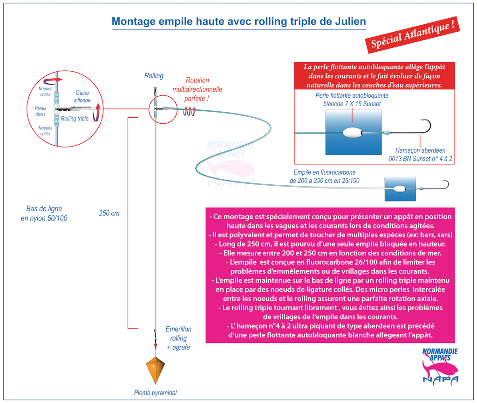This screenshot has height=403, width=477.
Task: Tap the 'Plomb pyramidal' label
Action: point(156,393)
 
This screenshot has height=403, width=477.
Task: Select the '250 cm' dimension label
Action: point(109,213)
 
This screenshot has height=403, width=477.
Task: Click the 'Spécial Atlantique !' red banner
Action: point(413,35)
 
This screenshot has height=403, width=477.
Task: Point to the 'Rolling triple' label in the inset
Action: point(75,119)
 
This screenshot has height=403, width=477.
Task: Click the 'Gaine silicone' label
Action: point(82,96)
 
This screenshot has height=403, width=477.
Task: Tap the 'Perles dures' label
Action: point(41,111)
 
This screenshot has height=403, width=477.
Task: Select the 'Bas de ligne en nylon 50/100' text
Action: point(44,213)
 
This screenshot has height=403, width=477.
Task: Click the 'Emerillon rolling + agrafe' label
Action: point(178,338)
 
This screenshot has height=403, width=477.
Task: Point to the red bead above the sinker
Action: point(156,345)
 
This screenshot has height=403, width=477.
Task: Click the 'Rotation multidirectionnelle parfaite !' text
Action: point(197,89)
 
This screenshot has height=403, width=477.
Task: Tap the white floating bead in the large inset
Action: point(352,133)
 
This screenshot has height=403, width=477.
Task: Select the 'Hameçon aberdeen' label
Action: point(420,150)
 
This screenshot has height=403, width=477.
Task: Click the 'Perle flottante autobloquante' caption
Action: point(352,95)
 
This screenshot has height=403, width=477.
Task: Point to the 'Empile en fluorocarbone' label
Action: point(324,172)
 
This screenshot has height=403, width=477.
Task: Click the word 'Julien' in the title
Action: point(350,21)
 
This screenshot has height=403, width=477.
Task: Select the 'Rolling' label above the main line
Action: point(154,76)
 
